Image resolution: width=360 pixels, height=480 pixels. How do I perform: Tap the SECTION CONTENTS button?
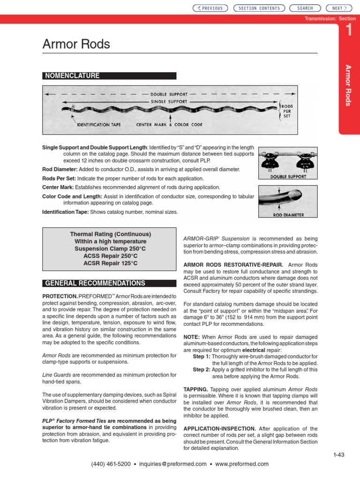pos(259,8)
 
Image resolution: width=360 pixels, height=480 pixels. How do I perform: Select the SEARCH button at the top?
pos(305,8)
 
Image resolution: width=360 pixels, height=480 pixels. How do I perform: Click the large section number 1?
pos(348,30)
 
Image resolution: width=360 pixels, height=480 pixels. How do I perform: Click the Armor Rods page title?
pos(76,45)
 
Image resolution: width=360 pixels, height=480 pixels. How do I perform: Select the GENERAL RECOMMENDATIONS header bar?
pos(95,283)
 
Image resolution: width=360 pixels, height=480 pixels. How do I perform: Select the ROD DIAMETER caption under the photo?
pos(288,215)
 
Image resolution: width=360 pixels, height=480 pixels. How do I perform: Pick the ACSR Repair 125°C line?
pos(111,263)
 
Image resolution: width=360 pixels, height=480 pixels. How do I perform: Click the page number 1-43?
pos(338,454)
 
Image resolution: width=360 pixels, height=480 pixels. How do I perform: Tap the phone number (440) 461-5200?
pos(111,464)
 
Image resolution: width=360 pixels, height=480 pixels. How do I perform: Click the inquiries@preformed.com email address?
pos(172,464)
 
